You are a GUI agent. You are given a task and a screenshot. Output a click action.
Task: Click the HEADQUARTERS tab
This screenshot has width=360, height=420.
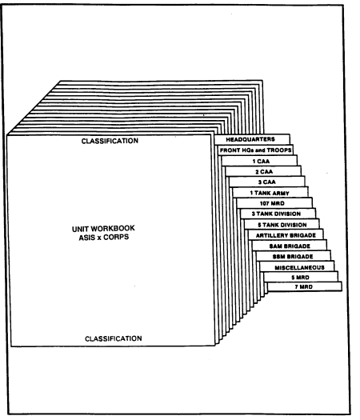252,139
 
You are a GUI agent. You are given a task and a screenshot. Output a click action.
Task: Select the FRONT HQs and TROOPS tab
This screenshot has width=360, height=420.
255,150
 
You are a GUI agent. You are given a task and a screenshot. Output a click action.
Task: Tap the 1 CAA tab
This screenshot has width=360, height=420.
259,161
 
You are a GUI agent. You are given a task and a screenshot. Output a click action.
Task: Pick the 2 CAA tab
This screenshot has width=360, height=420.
263,171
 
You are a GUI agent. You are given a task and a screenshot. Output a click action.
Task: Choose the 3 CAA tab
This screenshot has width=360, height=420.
267,182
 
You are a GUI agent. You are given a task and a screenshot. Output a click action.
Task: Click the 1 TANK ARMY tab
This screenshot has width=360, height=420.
270,193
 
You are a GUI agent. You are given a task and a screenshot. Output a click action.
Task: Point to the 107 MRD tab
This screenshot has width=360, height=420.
274,203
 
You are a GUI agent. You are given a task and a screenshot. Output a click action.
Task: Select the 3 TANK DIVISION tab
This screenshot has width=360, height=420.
278,214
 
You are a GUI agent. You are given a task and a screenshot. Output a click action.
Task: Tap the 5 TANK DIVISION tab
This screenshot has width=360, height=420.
282,224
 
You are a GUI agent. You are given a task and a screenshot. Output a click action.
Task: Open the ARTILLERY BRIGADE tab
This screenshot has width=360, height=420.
286,235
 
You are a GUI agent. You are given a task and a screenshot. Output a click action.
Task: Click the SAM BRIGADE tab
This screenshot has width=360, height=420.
290,246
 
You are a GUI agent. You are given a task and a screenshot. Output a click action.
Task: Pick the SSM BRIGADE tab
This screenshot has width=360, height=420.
293,256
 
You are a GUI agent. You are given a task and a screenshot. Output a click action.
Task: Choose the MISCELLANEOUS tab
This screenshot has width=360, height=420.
297,266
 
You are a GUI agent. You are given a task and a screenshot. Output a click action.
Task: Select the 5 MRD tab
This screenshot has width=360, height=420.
301,277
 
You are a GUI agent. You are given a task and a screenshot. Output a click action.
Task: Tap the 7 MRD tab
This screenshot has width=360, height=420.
305,286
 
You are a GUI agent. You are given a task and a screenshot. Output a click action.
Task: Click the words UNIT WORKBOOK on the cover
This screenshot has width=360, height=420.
103,229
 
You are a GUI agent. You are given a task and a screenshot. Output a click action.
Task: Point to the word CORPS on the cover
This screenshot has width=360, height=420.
116,237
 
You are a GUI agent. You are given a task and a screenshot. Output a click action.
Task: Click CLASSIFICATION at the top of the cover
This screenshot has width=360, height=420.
110,141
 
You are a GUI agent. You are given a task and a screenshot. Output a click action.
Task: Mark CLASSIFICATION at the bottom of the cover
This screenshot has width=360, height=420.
114,338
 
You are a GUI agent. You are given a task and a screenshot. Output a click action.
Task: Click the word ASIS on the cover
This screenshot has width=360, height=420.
87,238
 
